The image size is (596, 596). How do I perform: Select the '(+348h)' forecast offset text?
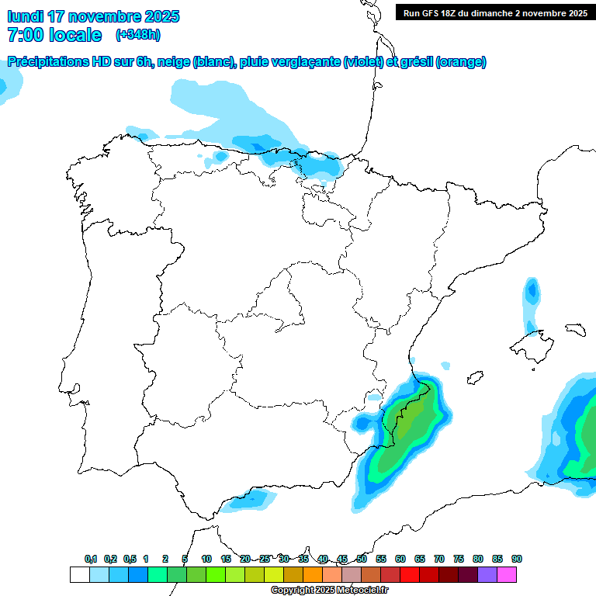[x=137, y=35]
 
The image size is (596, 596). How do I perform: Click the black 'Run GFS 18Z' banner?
[x=494, y=12]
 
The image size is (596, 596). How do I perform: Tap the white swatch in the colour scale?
[x=79, y=575]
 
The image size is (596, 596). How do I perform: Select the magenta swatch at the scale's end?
[x=507, y=575]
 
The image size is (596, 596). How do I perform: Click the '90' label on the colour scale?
[x=516, y=559]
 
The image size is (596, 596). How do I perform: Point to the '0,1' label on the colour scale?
[x=90, y=559]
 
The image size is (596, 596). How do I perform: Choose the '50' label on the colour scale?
[x=362, y=559]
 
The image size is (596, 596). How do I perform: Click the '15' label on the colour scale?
[x=226, y=559]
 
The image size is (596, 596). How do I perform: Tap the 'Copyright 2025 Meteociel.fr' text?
[x=329, y=591]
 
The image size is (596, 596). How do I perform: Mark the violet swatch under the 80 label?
[x=487, y=575]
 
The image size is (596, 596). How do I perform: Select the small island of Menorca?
[x=575, y=329]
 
